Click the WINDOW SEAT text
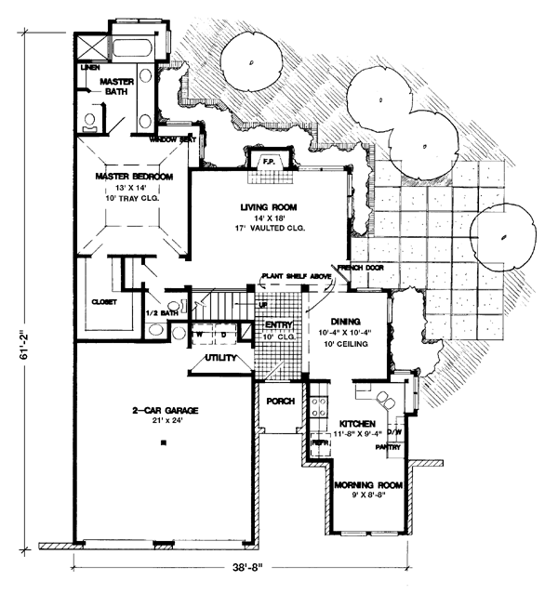pos(171,139)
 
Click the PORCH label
pos(280,402)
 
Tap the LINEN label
pos(90,68)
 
